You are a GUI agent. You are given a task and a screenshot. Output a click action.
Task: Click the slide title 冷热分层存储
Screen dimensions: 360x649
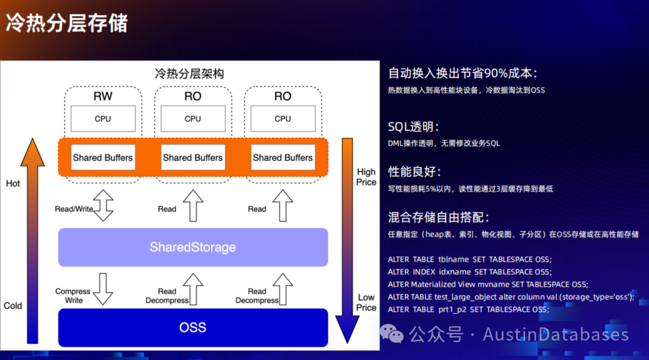pyautogui.click(x=66, y=23)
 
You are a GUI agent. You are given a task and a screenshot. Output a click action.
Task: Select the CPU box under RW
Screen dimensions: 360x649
pyautogui.click(x=103, y=118)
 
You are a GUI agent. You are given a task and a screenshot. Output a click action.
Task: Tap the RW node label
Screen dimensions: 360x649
pyautogui.click(x=103, y=96)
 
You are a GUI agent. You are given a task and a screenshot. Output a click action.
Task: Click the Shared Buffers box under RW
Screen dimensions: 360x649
pyautogui.click(x=103, y=158)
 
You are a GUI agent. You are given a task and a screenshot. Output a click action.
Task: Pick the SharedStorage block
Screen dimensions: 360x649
pyautogui.click(x=192, y=247)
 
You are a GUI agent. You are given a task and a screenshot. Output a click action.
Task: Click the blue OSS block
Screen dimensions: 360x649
pyautogui.click(x=192, y=327)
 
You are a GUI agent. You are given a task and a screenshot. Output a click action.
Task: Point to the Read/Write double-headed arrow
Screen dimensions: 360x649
pyautogui.click(x=103, y=205)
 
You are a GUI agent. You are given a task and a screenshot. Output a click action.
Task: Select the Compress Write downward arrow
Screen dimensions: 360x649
pyautogui.click(x=103, y=289)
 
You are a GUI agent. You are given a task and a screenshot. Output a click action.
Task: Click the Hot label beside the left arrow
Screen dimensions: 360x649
pyautogui.click(x=13, y=183)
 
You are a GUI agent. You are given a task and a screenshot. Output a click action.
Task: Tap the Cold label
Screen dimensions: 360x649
pyautogui.click(x=13, y=306)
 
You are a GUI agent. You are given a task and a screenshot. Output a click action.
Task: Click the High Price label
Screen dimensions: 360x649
pyautogui.click(x=366, y=177)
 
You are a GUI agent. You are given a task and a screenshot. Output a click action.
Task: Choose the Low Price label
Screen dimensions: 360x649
pyautogui.click(x=366, y=302)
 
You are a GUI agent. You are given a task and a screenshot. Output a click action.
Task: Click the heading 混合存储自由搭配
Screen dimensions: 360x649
pyautogui.click(x=439, y=217)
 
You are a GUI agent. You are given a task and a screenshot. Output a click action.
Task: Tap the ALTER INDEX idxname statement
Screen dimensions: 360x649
pyautogui.click(x=469, y=272)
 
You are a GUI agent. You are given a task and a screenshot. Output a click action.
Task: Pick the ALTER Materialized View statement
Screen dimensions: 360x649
pyautogui.click(x=487, y=284)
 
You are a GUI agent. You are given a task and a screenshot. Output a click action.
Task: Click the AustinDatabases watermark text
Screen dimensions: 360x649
pyautogui.click(x=556, y=334)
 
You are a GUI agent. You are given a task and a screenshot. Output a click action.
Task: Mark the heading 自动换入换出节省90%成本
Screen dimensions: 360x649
pyautogui.click(x=462, y=73)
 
